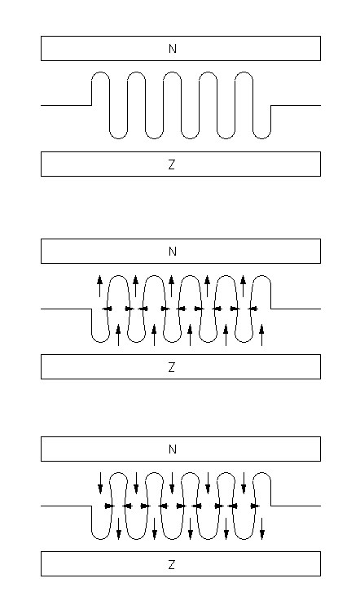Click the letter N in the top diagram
[173, 49]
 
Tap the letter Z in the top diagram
[172, 164]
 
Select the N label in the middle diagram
[173, 252]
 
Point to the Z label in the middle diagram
[172, 367]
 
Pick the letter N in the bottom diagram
[173, 449]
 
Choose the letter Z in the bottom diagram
[172, 564]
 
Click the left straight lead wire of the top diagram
[66, 105]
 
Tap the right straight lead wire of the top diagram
[296, 105]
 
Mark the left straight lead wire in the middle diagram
[66, 309]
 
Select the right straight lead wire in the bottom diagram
[296, 506]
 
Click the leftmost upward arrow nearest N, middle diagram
[100, 286]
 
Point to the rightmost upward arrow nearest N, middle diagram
[244, 286]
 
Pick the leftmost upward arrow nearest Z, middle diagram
[118, 335]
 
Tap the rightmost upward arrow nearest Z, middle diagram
[261, 335]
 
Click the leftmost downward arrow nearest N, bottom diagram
[100, 483]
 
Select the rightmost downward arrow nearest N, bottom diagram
[244, 483]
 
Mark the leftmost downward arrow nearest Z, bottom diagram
[119, 528]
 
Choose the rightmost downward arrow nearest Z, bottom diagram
[262, 528]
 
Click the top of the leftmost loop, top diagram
[100, 72]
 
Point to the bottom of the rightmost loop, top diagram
[261, 138]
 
